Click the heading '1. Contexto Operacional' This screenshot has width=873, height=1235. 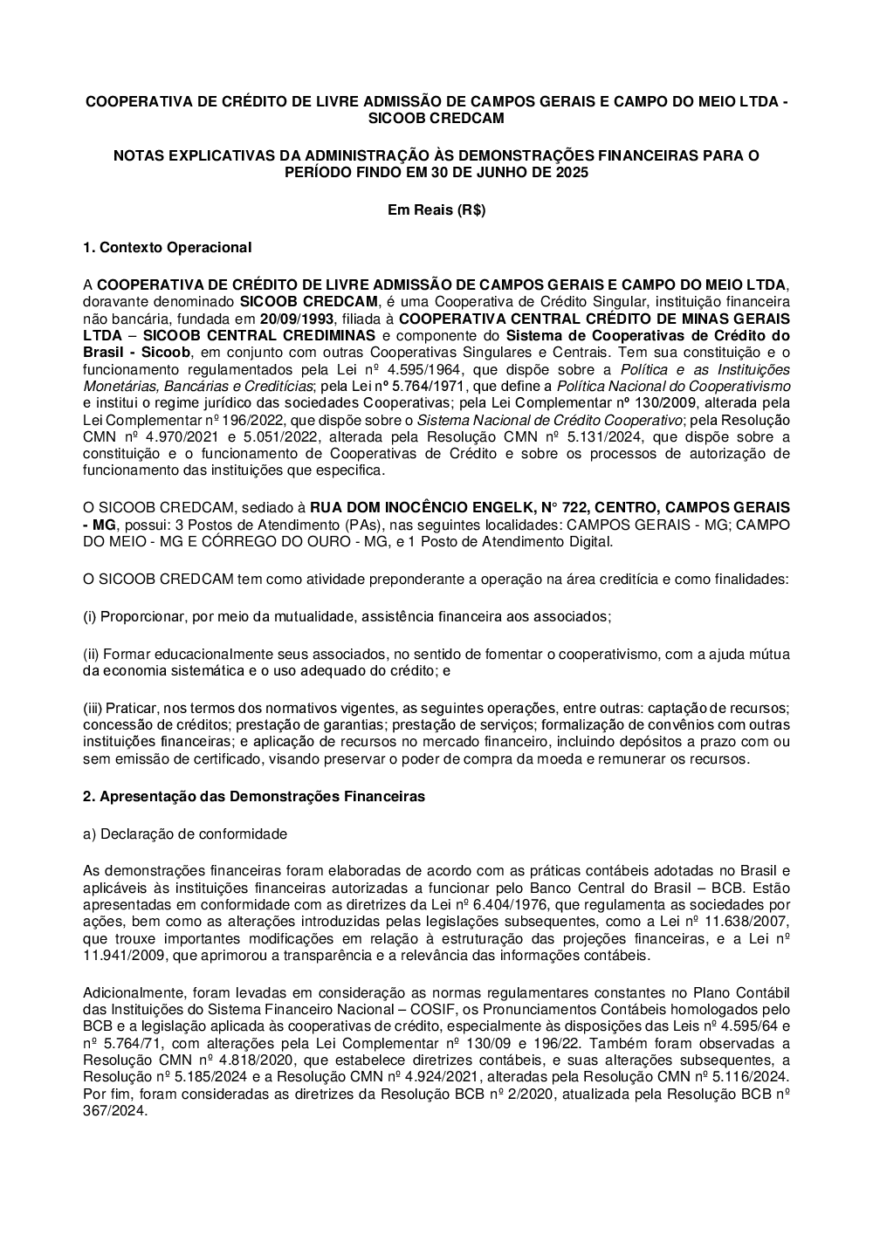[x=167, y=248]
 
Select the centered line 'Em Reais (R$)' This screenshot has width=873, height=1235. [x=436, y=209]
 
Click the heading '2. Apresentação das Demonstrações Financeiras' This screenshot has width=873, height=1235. [x=253, y=796]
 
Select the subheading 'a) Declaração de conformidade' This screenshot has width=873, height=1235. [x=184, y=834]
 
